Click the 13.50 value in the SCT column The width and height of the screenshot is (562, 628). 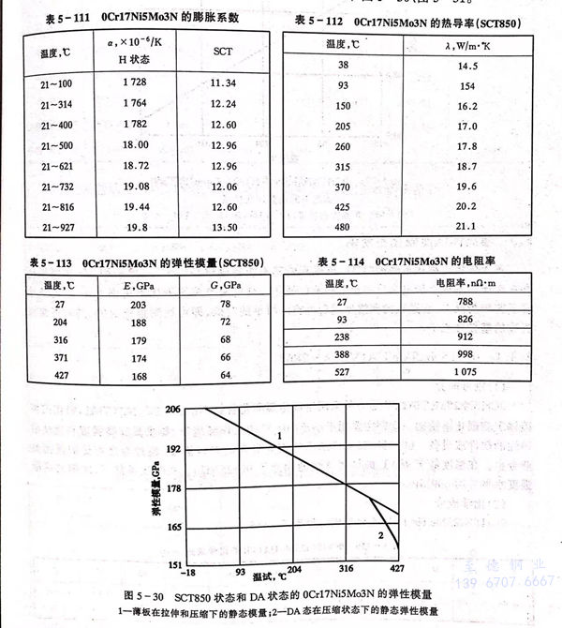click(223, 227)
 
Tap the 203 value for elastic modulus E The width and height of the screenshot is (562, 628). click(139, 305)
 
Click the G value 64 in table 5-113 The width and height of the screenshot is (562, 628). click(224, 377)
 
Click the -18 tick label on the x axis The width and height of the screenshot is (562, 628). click(192, 572)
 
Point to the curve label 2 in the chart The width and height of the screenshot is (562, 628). click(380, 534)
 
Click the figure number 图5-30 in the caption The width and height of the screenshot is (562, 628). click(143, 595)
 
